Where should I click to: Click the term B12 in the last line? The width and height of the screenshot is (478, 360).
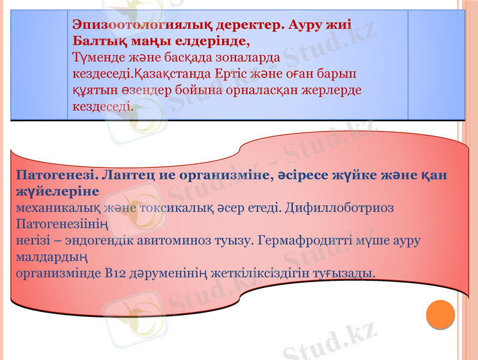coord(96,274)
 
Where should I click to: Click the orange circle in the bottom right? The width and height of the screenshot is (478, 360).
coord(440,313)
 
